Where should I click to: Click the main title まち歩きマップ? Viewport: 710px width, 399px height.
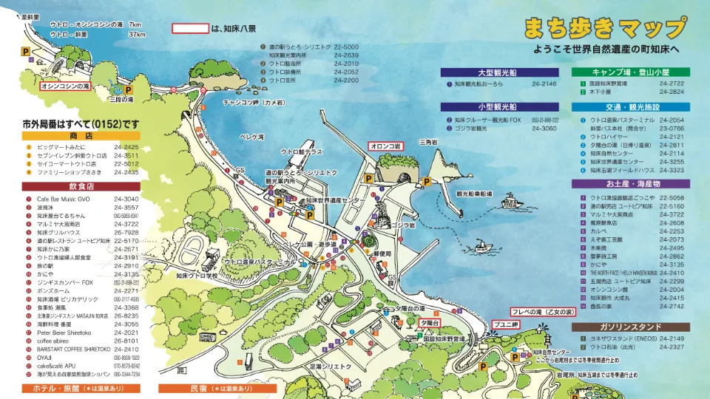click(603, 29)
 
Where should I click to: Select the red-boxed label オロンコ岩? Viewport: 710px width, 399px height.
click(385, 146)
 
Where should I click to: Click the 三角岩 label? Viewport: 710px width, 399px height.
click(428, 141)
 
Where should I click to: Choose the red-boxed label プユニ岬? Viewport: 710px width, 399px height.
click(506, 324)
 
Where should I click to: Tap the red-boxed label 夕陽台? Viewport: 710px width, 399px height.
click(430, 323)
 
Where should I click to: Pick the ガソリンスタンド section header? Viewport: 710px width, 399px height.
click(630, 327)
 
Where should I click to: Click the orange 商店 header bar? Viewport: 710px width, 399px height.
click(81, 136)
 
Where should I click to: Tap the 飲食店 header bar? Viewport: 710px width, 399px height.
click(81, 187)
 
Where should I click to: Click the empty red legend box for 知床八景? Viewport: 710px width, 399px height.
click(190, 29)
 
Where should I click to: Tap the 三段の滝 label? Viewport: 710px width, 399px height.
click(121, 99)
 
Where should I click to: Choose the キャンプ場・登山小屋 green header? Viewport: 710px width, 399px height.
click(630, 72)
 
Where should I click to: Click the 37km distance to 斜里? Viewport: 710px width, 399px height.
click(137, 34)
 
